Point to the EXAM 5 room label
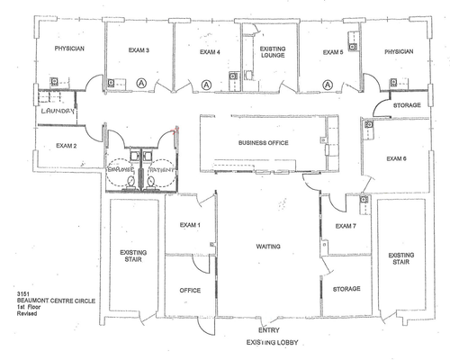click(333, 53)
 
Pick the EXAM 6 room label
click(397, 158)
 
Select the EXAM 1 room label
click(190, 224)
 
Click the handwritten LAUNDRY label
click(55, 112)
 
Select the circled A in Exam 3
click(140, 83)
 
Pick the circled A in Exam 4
click(207, 84)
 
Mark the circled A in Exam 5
click(327, 84)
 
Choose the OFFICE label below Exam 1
click(190, 290)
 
